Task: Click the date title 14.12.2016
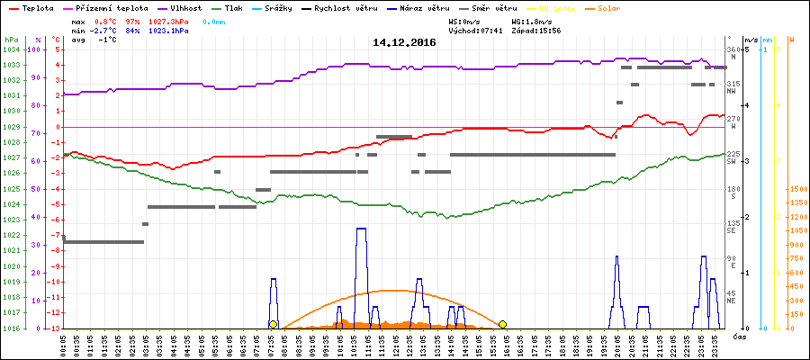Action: [x=403, y=42]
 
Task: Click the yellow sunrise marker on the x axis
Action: [x=273, y=324]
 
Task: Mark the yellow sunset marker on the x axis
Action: [x=503, y=324]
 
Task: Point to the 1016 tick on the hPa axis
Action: [x=11, y=328]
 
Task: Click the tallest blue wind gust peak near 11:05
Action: [x=361, y=229]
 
